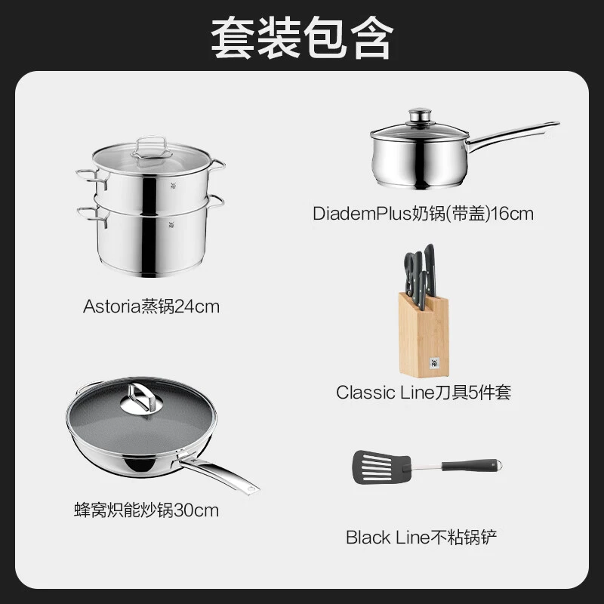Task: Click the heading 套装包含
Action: point(303,38)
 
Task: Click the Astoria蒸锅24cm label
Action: point(151,307)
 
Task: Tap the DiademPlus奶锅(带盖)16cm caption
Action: point(423,214)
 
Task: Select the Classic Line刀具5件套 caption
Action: point(424,393)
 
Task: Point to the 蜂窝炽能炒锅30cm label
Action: point(146,510)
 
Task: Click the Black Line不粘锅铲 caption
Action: point(421,538)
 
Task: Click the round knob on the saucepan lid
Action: point(420,115)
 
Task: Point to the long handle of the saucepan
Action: point(513,136)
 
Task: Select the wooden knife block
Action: point(424,335)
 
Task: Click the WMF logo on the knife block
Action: point(434,363)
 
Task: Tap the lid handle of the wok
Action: point(141,398)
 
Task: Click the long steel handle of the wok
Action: point(219,475)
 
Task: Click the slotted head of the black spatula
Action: point(381,467)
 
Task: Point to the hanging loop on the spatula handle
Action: point(498,465)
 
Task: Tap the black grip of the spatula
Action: point(469,465)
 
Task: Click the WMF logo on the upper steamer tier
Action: point(173,186)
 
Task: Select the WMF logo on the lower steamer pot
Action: point(171,224)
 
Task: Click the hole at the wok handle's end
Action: point(251,489)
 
